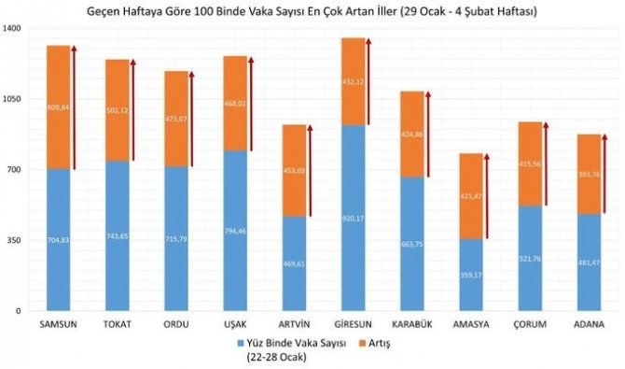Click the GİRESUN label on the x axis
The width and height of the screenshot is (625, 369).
point(353,324)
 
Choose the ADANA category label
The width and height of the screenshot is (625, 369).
point(589,324)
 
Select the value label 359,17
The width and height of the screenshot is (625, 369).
point(470,276)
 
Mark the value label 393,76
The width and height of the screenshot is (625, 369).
point(589,174)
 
